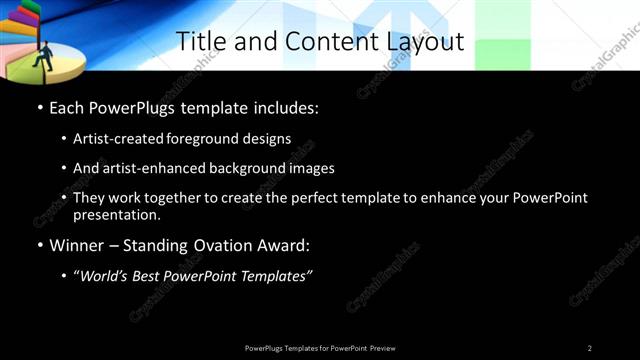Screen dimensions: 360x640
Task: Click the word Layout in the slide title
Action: [x=427, y=42]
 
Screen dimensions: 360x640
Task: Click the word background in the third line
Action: [x=235, y=169]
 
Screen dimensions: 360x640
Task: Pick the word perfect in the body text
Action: [x=322, y=198]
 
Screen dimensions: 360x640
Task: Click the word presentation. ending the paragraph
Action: [x=117, y=214]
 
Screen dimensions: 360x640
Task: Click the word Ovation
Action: [x=222, y=245]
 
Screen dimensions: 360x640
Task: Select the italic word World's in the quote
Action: [x=107, y=276]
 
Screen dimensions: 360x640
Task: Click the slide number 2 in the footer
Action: [x=590, y=348]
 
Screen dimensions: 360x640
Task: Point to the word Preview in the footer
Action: [x=383, y=348]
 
